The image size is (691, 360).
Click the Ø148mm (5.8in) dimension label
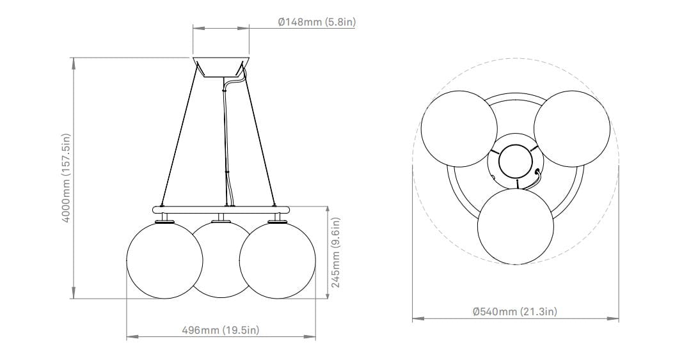317,22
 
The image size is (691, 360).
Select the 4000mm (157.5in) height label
66,178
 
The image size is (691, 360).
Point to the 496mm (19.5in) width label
221,330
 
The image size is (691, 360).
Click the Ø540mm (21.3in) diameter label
514,311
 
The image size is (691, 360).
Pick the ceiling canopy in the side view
221,68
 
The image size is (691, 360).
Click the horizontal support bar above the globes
221,209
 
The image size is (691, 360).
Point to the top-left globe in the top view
459,129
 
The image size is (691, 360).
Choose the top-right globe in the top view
571,129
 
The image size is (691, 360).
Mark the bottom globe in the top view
516,226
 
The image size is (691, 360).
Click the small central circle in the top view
515,161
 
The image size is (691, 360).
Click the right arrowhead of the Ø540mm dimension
616,318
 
